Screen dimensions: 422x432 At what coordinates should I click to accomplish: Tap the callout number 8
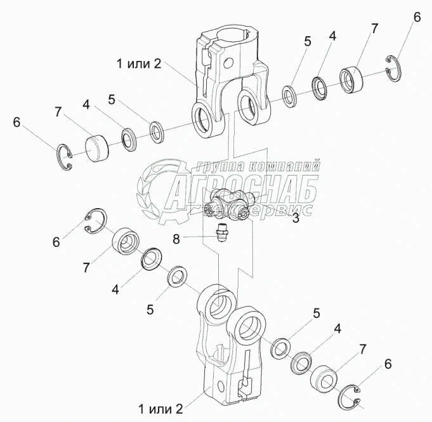pyautogui.click(x=177, y=239)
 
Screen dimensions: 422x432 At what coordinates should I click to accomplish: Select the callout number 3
pyautogui.click(x=295, y=220)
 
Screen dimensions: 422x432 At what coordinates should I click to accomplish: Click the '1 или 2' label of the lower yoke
pyautogui.click(x=161, y=406)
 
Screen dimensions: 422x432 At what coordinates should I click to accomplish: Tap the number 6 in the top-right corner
pyautogui.click(x=417, y=18)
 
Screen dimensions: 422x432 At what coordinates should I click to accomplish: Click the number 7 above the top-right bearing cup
pyautogui.click(x=375, y=29)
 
